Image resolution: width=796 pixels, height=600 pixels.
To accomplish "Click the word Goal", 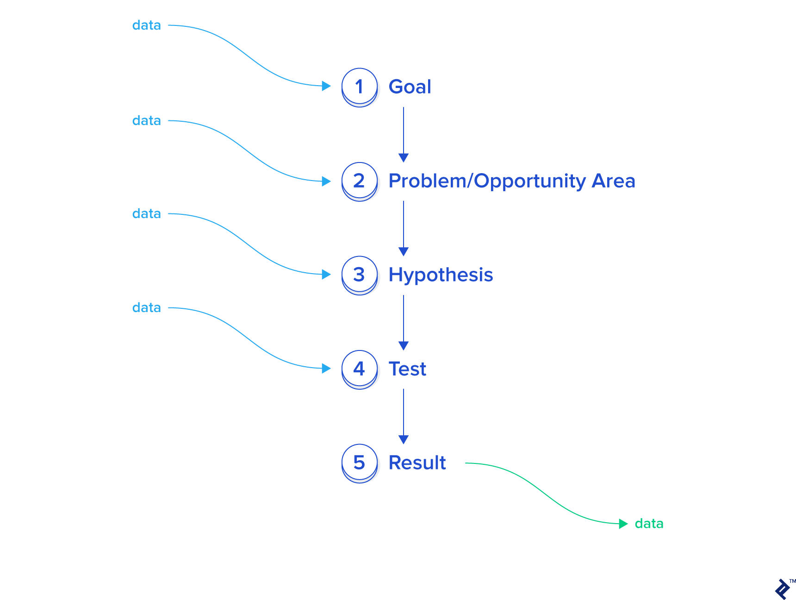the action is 410,87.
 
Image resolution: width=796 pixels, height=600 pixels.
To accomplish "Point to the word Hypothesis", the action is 441,275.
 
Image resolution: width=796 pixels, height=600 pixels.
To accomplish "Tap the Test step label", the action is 407,369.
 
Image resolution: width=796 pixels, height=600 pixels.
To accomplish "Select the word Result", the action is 417,462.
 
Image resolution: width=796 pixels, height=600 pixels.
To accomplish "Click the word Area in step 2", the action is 614,181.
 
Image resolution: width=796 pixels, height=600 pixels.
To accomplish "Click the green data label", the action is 649,523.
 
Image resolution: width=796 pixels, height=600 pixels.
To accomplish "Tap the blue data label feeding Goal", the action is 147,25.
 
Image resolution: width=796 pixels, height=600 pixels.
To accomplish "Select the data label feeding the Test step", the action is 147,307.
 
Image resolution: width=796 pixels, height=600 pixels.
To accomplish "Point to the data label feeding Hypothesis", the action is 147,213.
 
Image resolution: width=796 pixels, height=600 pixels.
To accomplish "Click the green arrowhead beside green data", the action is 623,524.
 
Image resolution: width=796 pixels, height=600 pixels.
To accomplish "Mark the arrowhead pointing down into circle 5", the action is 404,439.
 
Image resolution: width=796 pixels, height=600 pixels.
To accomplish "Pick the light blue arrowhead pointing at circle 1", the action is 326,86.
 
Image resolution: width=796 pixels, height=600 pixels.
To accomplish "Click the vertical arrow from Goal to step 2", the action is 404,135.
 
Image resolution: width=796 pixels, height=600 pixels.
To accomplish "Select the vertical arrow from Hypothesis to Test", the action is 404,323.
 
